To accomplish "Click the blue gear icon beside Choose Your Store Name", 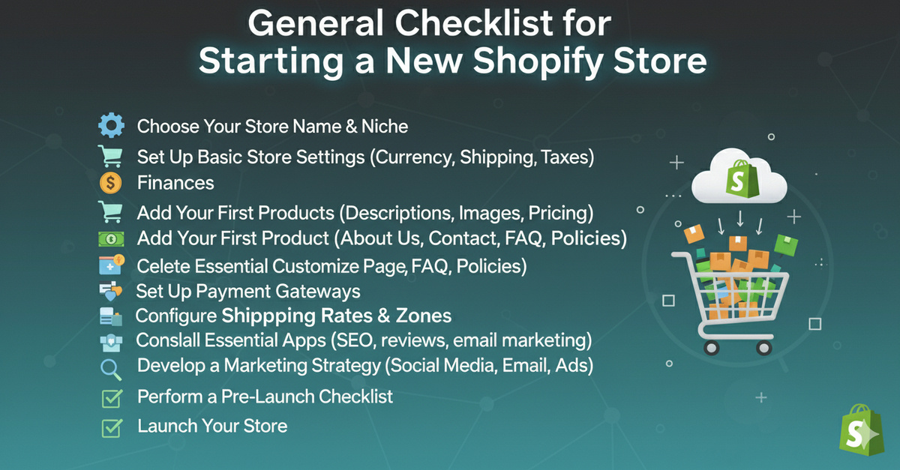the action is (x=111, y=125).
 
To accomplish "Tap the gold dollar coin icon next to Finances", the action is (x=110, y=183).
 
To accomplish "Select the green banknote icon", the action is (x=111, y=239).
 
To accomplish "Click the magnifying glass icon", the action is (x=111, y=370).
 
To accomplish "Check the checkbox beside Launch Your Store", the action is (x=112, y=428).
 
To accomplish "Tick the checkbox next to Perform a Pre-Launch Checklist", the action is (x=112, y=399).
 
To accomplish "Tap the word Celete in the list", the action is (x=162, y=266).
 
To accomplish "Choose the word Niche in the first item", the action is (x=385, y=126).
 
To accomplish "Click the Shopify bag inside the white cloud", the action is (x=742, y=179).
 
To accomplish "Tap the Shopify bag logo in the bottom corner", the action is (x=861, y=430).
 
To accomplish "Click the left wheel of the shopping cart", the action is (x=711, y=348).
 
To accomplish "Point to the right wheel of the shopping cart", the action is (x=763, y=348).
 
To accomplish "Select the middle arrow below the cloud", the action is (x=740, y=219).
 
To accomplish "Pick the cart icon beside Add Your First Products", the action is (x=110, y=211).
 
